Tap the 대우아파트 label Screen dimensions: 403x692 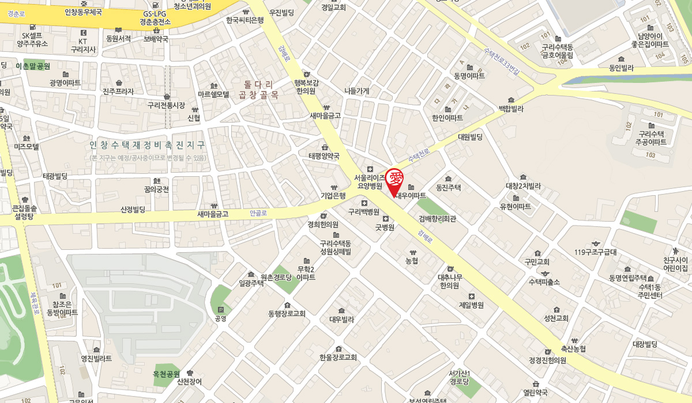[411, 195]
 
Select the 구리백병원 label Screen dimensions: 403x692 [364, 211]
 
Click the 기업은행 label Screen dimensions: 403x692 [333, 196]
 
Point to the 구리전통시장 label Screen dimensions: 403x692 [166, 105]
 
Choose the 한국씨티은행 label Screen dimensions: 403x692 [245, 20]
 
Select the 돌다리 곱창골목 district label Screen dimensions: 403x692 [258, 89]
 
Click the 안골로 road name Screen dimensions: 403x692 [258, 213]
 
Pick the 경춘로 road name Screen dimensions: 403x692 [16, 12]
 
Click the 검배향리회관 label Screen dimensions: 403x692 [437, 218]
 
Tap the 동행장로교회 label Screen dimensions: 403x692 [287, 314]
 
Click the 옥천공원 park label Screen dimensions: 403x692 [167, 374]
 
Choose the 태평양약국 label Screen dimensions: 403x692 [324, 155]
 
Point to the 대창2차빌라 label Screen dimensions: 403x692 [523, 186]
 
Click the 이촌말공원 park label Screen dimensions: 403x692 [33, 66]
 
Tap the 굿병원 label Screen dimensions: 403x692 [385, 227]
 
